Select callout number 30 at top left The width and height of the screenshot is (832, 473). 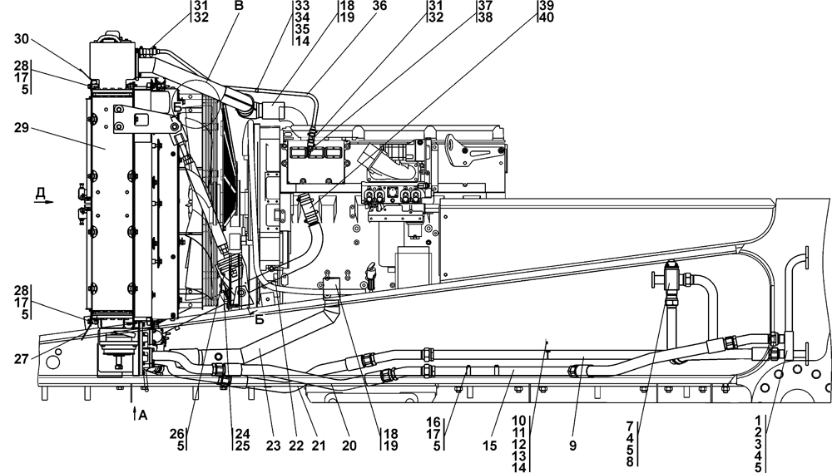click(20, 38)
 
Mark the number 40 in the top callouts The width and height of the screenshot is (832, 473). click(546, 17)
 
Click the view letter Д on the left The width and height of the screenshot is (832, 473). click(40, 194)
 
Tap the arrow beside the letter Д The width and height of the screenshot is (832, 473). click(48, 202)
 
